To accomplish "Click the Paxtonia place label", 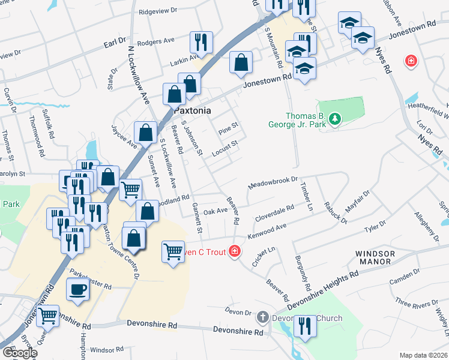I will pos(193,111).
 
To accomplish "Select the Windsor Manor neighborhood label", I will pos(384,258).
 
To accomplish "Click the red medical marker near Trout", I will pos(236,251).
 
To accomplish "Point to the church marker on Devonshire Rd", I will pos(263,317).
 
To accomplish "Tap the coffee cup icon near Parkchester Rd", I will pos(77,290).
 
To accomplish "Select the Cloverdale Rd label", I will pos(274,214).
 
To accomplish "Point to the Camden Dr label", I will pos(404,277).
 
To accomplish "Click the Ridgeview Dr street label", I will pos(158,11).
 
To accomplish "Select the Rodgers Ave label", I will pos(155,41).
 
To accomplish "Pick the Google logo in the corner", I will pos(20,353).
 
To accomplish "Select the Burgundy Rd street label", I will pos(302,269).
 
